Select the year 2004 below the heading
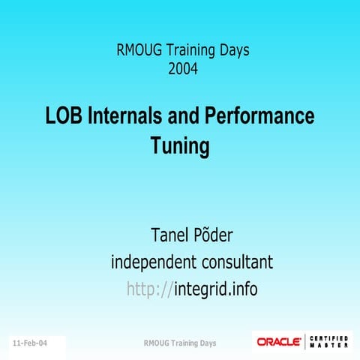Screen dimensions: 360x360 tap(183, 70)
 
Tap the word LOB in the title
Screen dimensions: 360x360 tap(62, 116)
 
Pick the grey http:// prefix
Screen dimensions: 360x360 tap(149, 289)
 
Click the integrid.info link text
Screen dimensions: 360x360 tap(215, 288)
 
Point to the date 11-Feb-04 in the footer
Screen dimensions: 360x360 tap(29, 343)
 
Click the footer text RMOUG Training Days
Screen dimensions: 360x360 tap(179, 343)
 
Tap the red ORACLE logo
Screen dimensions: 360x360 tap(279, 341)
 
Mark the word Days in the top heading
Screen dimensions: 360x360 tap(231, 52)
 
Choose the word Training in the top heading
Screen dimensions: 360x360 tap(187, 52)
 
